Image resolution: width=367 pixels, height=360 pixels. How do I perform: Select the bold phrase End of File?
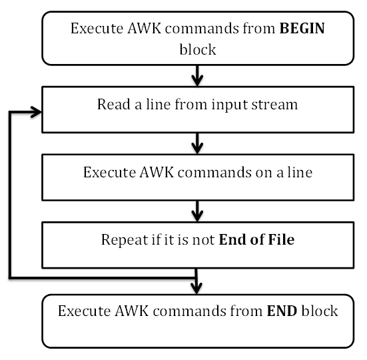point(257,239)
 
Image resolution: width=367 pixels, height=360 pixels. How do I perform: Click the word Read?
point(111,105)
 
